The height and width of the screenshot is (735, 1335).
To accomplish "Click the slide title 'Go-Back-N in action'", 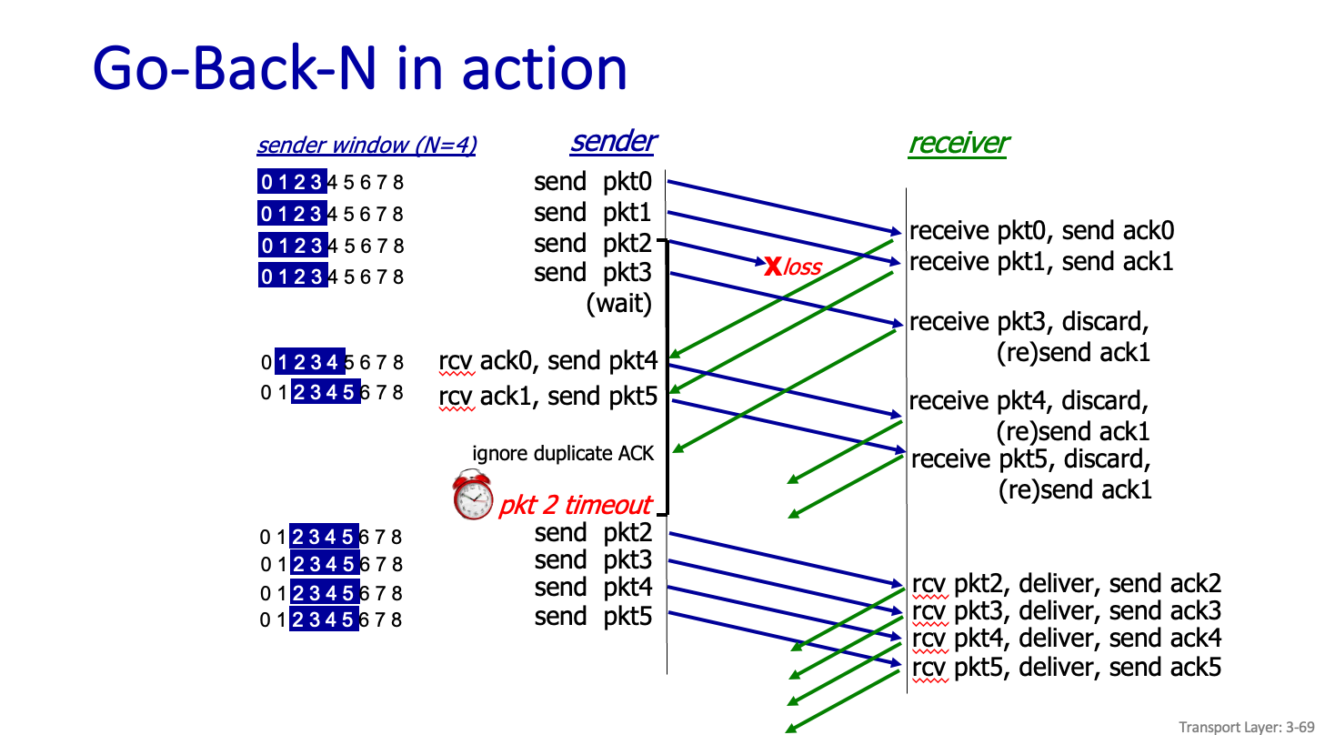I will (360, 67).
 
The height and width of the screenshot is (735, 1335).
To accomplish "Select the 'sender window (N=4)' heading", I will (366, 146).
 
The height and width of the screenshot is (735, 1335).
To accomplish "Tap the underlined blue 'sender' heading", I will (613, 142).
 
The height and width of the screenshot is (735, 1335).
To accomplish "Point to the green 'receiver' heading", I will (959, 143).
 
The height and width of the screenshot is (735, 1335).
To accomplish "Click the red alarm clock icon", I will (473, 496).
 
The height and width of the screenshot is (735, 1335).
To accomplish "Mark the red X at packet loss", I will (773, 267).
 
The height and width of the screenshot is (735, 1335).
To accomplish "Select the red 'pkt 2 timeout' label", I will (575, 505).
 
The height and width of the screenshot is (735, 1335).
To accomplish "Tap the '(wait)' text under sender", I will (619, 304).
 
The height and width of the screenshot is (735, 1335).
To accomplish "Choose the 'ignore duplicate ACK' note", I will (563, 453).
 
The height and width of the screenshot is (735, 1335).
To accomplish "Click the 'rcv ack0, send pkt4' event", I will (547, 362).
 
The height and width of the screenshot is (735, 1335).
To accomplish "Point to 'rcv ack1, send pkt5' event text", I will (547, 397).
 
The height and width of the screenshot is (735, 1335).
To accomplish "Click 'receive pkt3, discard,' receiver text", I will (1029, 322).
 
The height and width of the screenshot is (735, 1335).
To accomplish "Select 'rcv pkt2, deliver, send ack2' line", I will (1066, 584).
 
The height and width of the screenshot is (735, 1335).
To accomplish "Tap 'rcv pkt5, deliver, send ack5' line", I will (1066, 668).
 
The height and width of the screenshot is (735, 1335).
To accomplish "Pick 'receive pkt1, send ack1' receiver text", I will (1041, 262).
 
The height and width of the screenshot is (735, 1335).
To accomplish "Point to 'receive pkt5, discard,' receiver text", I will (1031, 458).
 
